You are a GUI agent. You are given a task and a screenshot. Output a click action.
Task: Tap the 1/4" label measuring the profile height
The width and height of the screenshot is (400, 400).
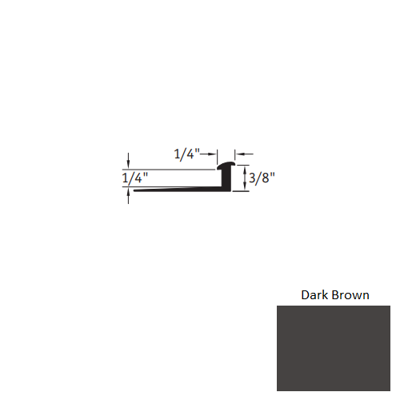click(135, 178)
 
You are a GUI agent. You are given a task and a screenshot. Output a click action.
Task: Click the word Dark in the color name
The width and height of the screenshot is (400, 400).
click(314, 294)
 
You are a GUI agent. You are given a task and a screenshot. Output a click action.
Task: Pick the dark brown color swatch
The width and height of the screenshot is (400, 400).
click(334, 350)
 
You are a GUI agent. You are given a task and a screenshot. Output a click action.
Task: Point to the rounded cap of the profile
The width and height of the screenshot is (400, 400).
click(226, 165)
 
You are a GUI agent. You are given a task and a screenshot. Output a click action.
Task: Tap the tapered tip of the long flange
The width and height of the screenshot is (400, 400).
click(136, 190)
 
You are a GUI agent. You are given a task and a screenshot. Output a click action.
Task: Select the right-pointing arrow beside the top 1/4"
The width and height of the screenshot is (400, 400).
click(214, 154)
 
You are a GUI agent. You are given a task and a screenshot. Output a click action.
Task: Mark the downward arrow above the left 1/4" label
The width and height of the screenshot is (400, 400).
click(127, 163)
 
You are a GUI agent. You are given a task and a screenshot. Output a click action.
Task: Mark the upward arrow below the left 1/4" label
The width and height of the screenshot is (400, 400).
click(127, 195)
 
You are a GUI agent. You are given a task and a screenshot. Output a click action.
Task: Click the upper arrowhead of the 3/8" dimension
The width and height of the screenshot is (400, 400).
click(245, 166)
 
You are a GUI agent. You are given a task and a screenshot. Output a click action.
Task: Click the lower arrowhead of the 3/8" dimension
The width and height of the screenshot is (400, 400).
click(245, 188)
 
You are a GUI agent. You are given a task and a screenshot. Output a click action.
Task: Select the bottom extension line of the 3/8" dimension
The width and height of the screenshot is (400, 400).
click(240, 191)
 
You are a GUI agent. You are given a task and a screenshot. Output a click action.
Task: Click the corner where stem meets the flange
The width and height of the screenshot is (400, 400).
click(223, 189)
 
